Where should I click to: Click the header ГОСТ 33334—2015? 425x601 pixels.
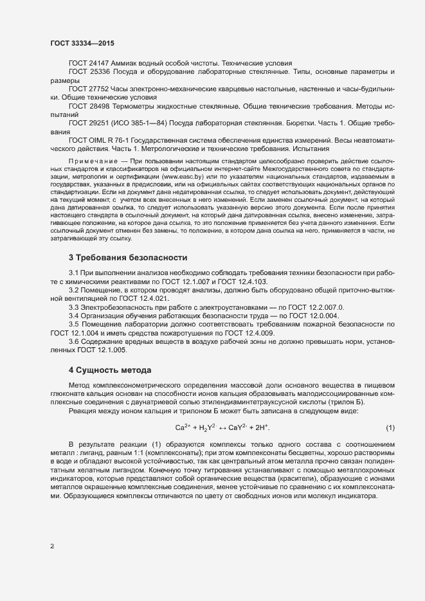pos(83,42)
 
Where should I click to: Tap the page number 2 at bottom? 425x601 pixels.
pos(52,547)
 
